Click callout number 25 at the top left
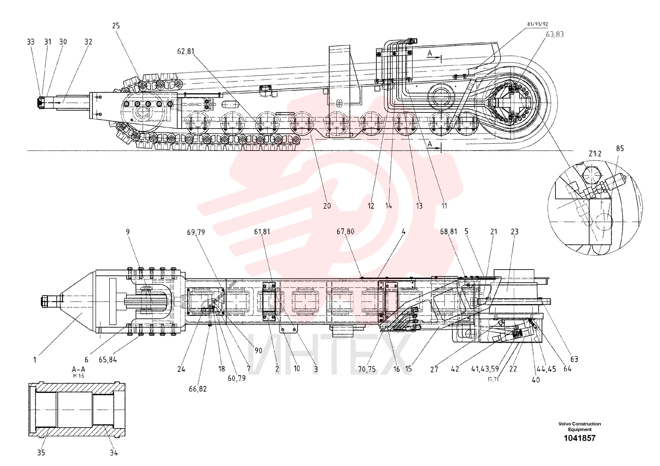click(116, 26)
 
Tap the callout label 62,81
click(186, 51)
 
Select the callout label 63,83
click(555, 35)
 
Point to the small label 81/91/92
click(538, 24)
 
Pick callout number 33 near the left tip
click(31, 42)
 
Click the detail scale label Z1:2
click(595, 154)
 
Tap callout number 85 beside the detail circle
click(620, 148)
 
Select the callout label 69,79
click(196, 232)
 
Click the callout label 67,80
click(346, 232)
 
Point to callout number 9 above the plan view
click(128, 232)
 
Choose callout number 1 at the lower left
click(35, 360)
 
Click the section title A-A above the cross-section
click(78, 369)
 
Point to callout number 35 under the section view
click(41, 452)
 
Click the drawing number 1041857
click(580, 438)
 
